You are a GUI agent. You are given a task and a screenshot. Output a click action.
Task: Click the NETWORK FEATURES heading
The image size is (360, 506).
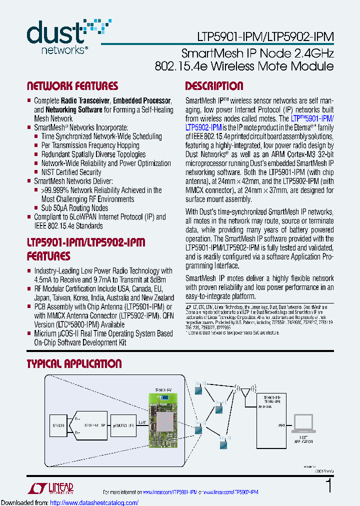pos(72,86)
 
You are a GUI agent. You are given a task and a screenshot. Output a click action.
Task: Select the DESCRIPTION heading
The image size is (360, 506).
pos(214,86)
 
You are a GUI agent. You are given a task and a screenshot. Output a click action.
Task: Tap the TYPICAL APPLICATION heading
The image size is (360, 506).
pos(74,364)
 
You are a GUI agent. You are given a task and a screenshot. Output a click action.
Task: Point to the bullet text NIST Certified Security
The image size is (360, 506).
pos(71,172)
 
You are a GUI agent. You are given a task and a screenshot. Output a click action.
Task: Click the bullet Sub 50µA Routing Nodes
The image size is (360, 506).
pos(74,208)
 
